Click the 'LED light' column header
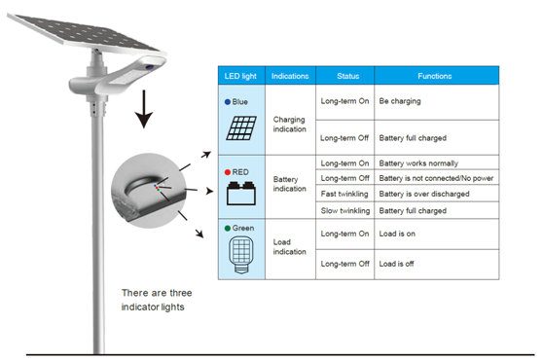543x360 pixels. tap(241, 76)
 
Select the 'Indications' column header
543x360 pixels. tap(291, 76)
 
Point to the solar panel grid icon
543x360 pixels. tap(242, 128)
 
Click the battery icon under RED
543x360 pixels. tap(242, 194)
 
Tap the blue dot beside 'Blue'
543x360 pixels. tap(228, 102)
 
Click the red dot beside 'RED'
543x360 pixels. tap(227, 171)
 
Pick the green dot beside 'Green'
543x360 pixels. tap(228, 229)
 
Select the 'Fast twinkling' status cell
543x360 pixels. tap(344, 195)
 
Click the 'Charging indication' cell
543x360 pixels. tap(291, 124)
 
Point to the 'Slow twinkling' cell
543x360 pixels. tap(344, 210)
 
